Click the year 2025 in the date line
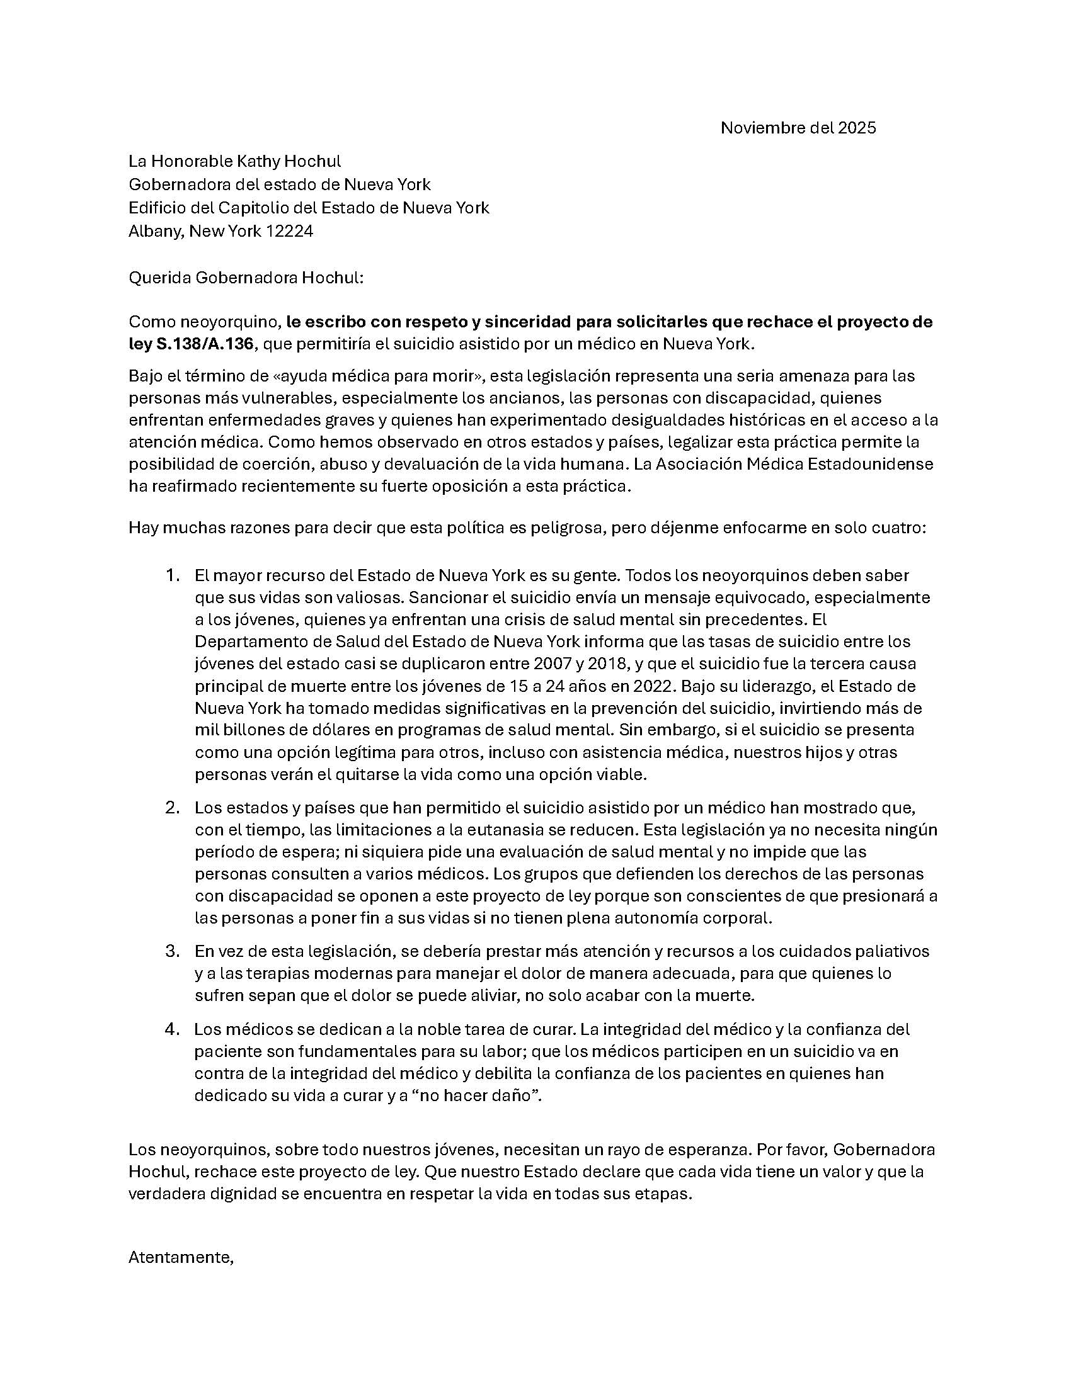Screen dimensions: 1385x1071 857,128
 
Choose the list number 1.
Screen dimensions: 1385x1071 172,575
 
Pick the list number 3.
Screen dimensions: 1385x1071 172,951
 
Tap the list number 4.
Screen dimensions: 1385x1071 172,1029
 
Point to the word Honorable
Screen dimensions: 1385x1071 190,161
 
